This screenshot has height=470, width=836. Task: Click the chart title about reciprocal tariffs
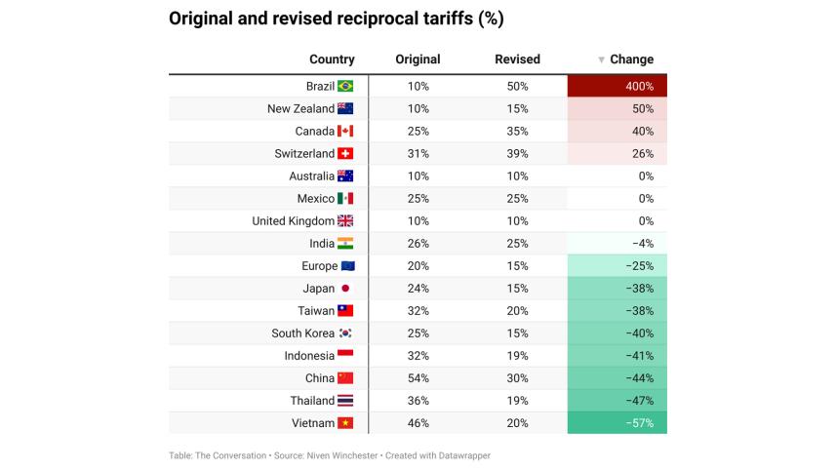point(337,19)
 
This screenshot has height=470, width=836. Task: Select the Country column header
point(332,59)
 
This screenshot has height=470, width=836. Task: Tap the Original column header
point(418,59)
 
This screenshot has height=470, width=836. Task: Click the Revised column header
point(517,59)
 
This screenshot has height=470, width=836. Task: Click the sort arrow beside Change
point(601,60)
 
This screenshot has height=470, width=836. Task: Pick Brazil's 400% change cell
point(617,86)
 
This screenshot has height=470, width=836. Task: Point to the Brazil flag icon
point(345,86)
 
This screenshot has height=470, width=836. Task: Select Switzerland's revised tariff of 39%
point(517,154)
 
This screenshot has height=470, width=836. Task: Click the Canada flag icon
point(345,132)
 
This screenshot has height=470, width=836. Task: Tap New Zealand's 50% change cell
point(617,109)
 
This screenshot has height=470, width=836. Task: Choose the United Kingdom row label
point(293,221)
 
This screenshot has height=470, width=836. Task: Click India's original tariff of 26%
point(418,244)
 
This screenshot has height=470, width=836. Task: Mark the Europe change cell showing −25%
point(617,266)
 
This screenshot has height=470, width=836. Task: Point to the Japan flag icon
point(345,289)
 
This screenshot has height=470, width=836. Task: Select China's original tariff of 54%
point(418,378)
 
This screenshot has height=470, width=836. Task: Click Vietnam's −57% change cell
point(617,423)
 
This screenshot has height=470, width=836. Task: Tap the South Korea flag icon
point(345,333)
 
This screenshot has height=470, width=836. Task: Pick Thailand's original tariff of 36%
point(418,401)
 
